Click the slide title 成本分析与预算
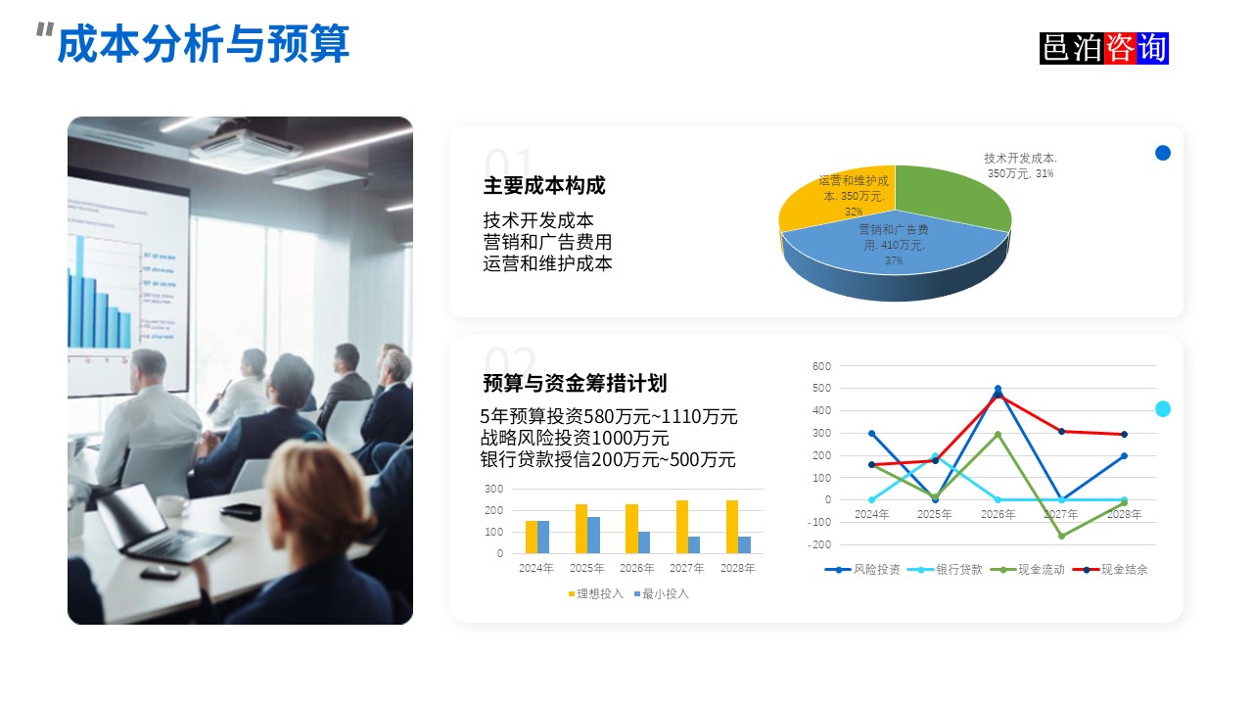[x=203, y=45]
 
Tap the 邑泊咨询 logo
[x=1104, y=48]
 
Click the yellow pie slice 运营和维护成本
[x=832, y=201]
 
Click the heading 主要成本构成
[x=544, y=186]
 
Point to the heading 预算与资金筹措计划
[x=575, y=383]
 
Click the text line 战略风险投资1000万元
[x=575, y=438]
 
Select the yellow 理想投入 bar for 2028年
[x=732, y=527]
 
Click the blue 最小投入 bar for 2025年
[x=593, y=535]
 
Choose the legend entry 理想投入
[x=595, y=593]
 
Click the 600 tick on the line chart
[x=821, y=366]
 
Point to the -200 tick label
[x=819, y=544]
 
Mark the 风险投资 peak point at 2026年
[x=998, y=389]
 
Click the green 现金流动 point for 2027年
[x=1061, y=536]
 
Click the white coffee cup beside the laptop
[x=172, y=505]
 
